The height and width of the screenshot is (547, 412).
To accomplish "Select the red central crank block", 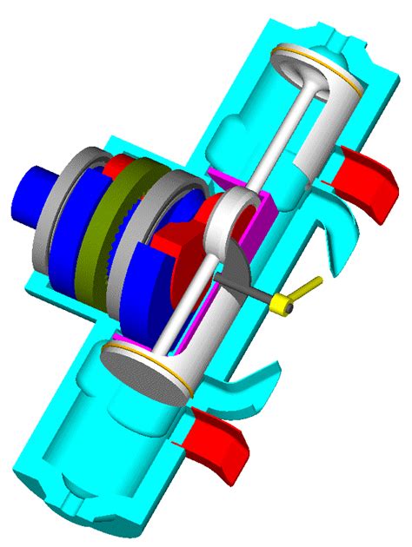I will coord(187,239).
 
